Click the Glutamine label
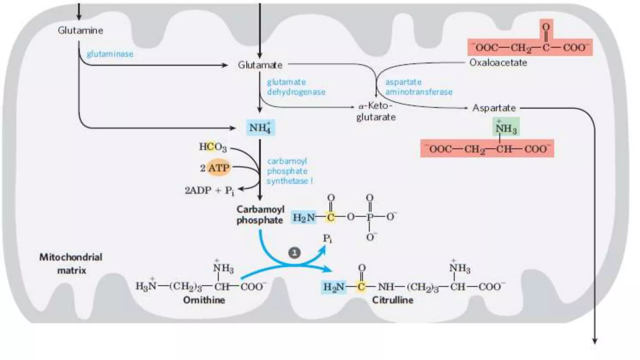pyautogui.click(x=80, y=30)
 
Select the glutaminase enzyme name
pyautogui.click(x=110, y=54)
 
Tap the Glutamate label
pyautogui.click(x=260, y=65)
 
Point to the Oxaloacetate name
pyautogui.click(x=498, y=62)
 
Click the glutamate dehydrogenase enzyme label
pyautogui.click(x=296, y=87)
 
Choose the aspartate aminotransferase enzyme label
pyautogui.click(x=419, y=87)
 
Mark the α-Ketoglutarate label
pyautogui.click(x=376, y=111)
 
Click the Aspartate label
pyautogui.click(x=494, y=108)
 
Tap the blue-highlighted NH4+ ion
pyautogui.click(x=261, y=127)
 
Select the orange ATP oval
pyautogui.click(x=218, y=168)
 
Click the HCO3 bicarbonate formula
pyautogui.click(x=213, y=147)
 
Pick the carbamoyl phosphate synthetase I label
pyautogui.click(x=289, y=171)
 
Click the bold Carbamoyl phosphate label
pyautogui.click(x=260, y=215)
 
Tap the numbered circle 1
pyautogui.click(x=294, y=252)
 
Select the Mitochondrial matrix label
pyautogui.click(x=71, y=263)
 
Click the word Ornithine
pyautogui.click(x=204, y=300)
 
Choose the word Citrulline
pyautogui.click(x=392, y=300)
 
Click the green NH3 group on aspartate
pyautogui.click(x=506, y=127)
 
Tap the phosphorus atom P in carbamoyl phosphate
pyautogui.click(x=370, y=217)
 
